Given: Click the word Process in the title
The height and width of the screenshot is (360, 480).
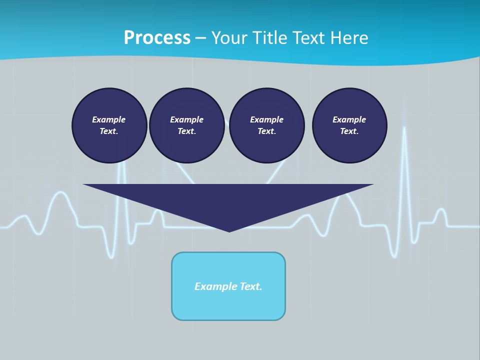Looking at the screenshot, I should click(x=157, y=38).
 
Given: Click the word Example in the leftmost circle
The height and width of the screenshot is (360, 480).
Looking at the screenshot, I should click(x=108, y=119).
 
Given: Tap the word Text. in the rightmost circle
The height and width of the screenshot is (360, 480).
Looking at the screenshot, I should click(x=349, y=131).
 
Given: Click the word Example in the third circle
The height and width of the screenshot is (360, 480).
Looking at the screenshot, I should click(x=266, y=119).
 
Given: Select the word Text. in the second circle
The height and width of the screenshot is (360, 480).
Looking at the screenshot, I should click(x=186, y=131).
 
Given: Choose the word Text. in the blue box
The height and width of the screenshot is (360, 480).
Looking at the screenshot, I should click(x=251, y=286).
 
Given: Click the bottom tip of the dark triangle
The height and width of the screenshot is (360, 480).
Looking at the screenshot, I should click(x=229, y=231).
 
